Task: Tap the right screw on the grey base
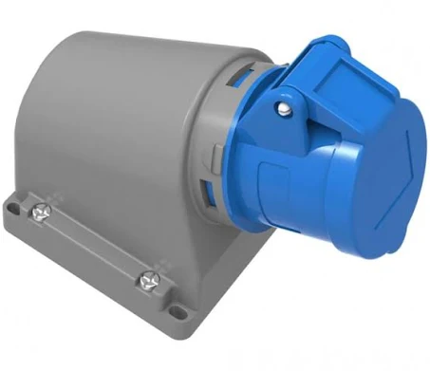click(149, 281)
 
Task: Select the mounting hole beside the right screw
click(175, 308)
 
